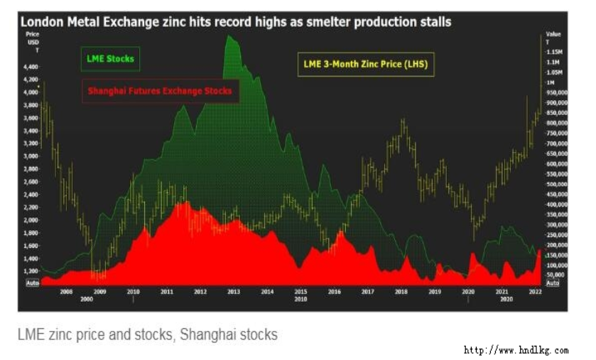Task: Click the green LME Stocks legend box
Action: (x=109, y=59)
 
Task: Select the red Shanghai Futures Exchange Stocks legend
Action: (x=159, y=91)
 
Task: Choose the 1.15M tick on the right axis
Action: (x=554, y=53)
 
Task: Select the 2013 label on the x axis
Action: (x=233, y=292)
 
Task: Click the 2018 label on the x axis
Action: (x=401, y=292)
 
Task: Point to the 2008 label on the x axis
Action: (x=66, y=292)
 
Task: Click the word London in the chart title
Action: (x=40, y=22)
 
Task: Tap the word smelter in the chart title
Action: (x=324, y=22)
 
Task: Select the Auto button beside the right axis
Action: (x=553, y=283)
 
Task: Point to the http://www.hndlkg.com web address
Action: (x=516, y=350)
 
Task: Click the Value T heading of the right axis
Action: (x=553, y=38)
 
